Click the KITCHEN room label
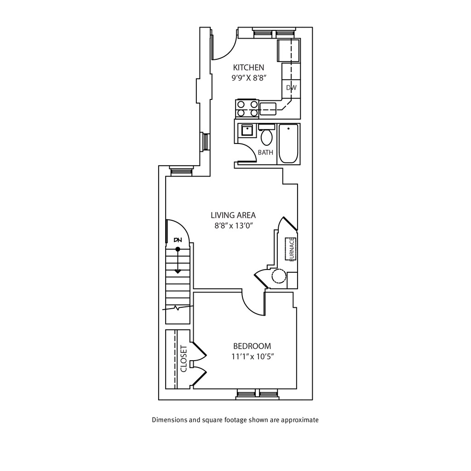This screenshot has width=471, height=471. point(248,67)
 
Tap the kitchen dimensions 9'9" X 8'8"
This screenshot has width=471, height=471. point(249,78)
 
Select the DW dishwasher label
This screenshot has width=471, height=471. point(291,87)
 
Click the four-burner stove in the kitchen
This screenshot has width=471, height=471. point(247,109)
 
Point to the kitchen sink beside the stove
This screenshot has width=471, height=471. point(268,109)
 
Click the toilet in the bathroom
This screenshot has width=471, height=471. point(266,135)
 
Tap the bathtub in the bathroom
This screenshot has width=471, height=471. point(288,144)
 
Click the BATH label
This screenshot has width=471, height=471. point(265,153)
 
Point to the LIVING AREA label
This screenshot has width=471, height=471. point(233,215)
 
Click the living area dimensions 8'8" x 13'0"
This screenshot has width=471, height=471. point(234,225)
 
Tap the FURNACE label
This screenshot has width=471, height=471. point(291,249)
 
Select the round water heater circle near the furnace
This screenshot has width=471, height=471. point(279,276)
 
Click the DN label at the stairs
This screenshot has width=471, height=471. point(178,240)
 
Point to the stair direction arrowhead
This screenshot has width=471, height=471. point(178,271)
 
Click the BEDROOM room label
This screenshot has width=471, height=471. point(252,346)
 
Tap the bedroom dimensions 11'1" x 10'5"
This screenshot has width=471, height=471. point(253,356)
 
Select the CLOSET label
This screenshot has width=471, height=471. point(184,359)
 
